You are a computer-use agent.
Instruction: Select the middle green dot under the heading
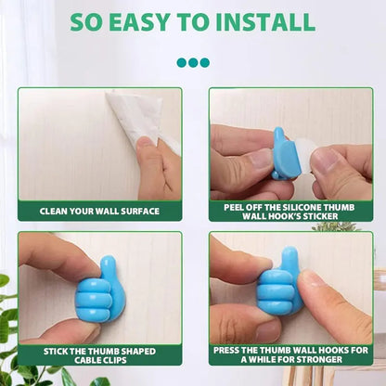click(x=193, y=63)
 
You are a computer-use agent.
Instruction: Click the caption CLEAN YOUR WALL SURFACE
click(x=99, y=211)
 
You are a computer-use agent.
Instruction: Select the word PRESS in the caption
click(x=231, y=350)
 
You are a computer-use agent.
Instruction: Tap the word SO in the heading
click(x=88, y=21)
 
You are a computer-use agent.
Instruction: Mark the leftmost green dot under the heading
click(x=182, y=63)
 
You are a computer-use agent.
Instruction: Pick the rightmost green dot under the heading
click(x=204, y=63)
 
